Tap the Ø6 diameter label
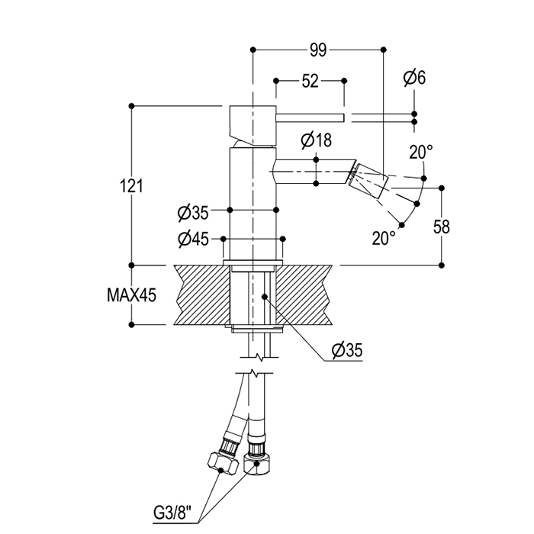(415, 78)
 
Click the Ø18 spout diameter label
(316, 140)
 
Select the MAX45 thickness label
(131, 295)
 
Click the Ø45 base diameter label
(193, 239)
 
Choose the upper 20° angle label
(420, 153)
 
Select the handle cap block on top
(252, 121)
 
